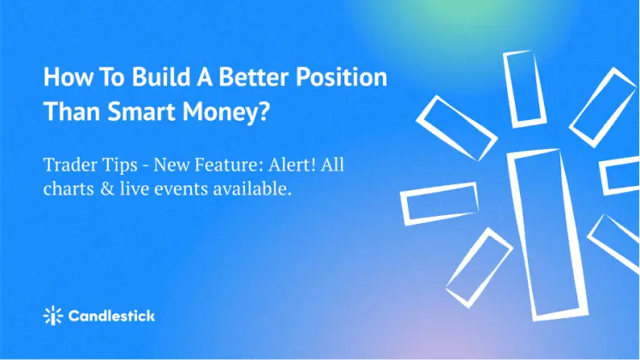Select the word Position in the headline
point(341,77)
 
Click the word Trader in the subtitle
point(68,165)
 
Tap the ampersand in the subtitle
point(107,189)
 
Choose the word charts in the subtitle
point(69,189)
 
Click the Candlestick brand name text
point(111,315)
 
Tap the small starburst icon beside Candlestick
point(53,315)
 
